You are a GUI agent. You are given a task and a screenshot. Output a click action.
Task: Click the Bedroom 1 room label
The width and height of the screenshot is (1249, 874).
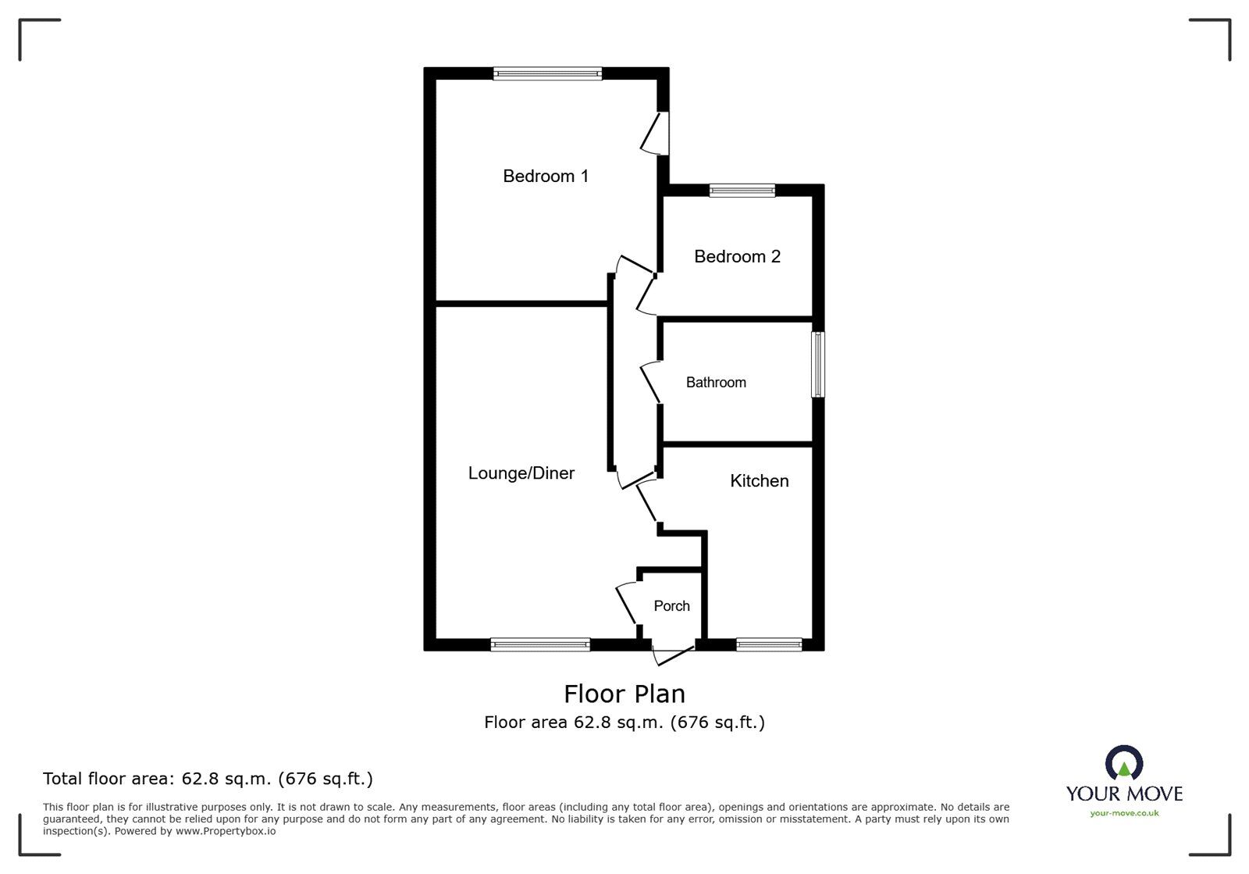pyautogui.click(x=546, y=177)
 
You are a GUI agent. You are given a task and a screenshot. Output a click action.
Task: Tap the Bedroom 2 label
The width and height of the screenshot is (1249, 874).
pyautogui.click(x=737, y=256)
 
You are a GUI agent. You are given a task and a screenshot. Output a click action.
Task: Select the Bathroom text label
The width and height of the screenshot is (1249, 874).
pyautogui.click(x=716, y=383)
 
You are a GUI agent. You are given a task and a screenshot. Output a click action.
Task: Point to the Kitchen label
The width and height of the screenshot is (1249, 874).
pyautogui.click(x=760, y=481)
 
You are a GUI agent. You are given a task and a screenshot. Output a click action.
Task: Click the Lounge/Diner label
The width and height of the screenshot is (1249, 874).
pyautogui.click(x=521, y=473)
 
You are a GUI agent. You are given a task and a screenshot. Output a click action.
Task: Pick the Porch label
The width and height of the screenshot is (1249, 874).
pyautogui.click(x=671, y=606)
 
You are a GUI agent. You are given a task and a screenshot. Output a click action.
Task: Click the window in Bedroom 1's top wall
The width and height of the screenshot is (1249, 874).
pyautogui.click(x=547, y=73)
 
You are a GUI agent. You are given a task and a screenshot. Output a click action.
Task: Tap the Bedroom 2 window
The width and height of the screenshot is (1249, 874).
pyautogui.click(x=742, y=191)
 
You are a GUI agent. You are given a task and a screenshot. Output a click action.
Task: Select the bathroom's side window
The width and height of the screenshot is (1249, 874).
pyautogui.click(x=818, y=365)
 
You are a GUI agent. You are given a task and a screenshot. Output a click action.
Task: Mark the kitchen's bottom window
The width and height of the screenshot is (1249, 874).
pyautogui.click(x=769, y=645)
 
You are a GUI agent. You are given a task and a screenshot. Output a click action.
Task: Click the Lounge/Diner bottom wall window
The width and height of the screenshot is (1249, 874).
pyautogui.click(x=540, y=645)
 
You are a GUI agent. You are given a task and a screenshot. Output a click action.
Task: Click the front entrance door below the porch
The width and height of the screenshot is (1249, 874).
pyautogui.click(x=674, y=655)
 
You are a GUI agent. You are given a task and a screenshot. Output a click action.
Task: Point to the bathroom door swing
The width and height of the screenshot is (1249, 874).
pyautogui.click(x=650, y=383)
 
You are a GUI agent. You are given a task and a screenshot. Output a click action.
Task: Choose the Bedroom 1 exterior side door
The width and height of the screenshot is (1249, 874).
pyautogui.click(x=655, y=134)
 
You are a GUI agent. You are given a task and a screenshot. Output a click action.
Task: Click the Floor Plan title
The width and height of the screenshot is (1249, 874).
pyautogui.click(x=624, y=694)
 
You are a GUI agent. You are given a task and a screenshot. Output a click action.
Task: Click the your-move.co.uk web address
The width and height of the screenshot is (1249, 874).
pyautogui.click(x=1124, y=813)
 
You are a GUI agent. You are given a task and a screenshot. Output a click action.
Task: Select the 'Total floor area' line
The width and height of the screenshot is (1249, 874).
pyautogui.click(x=208, y=779)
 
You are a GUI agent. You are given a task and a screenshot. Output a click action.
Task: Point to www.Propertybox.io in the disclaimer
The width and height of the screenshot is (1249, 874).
pyautogui.click(x=226, y=832)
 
